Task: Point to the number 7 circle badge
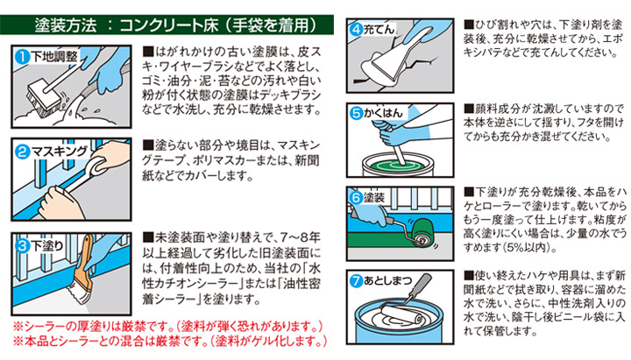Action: pos(356,281)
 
